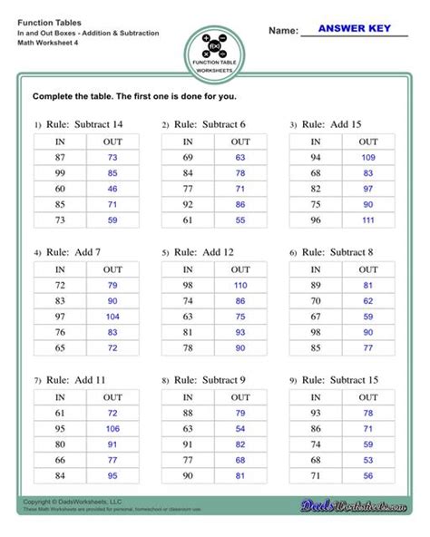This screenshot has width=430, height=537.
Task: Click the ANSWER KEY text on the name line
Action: (354, 29)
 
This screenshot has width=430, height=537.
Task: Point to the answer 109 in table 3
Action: (368, 158)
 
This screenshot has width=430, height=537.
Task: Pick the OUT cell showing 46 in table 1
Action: (112, 189)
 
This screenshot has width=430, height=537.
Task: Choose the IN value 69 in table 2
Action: (188, 158)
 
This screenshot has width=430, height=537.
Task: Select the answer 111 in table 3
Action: (368, 220)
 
